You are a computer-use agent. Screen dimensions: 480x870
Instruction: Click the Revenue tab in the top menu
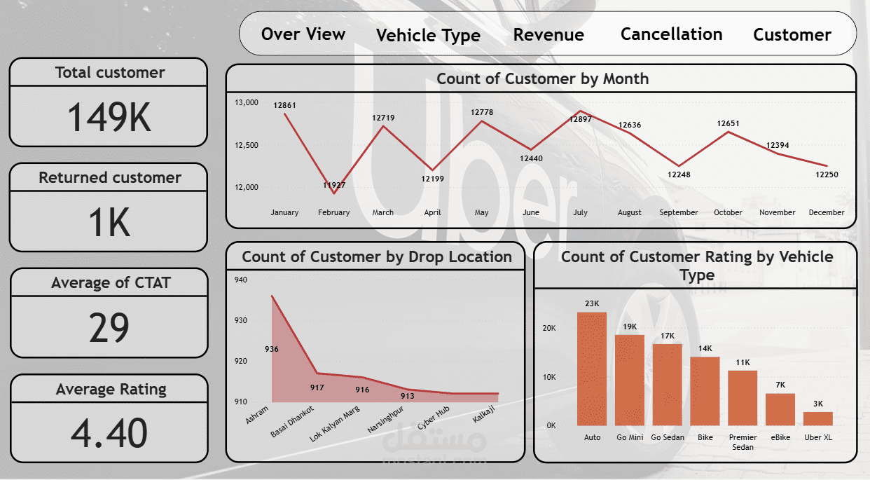(x=548, y=35)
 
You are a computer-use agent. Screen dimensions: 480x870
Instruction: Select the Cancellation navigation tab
(x=671, y=34)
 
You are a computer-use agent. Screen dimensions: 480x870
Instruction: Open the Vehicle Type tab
(x=428, y=36)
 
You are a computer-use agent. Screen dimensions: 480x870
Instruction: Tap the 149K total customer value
(x=109, y=117)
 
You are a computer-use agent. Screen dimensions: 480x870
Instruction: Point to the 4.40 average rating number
(x=109, y=432)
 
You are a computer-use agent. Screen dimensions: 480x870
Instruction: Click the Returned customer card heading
(x=109, y=178)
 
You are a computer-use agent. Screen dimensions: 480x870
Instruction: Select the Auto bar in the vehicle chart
(x=592, y=369)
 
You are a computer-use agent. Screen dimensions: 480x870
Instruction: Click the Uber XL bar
(x=817, y=418)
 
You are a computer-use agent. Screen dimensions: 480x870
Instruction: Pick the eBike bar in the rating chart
(x=780, y=409)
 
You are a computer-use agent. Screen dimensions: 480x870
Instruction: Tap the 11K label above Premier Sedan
(x=743, y=362)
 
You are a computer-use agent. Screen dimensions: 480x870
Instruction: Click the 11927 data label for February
(x=334, y=185)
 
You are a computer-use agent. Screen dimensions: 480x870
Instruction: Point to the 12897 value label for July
(x=581, y=120)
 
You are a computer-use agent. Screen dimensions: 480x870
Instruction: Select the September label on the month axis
(x=679, y=212)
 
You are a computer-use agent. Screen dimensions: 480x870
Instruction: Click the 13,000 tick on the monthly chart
(x=247, y=103)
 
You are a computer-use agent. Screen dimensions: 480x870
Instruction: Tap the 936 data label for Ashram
(x=272, y=349)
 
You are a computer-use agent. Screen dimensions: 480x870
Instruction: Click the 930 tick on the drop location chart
(x=240, y=320)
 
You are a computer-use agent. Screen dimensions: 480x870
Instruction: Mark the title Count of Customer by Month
(x=542, y=79)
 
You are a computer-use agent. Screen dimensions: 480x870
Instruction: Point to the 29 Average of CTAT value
(x=109, y=327)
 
